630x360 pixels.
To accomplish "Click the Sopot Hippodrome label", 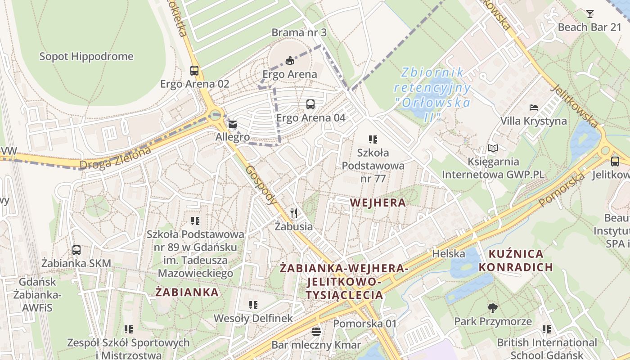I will (86, 57).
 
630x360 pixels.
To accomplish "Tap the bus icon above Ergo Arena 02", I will (194, 71).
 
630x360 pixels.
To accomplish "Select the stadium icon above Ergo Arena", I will (289, 60).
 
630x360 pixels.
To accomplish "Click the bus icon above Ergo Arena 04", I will (310, 104).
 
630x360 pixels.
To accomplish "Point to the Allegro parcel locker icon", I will (233, 124).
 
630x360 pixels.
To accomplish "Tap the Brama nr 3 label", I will (299, 32).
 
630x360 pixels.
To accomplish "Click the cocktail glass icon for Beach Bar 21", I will (589, 14).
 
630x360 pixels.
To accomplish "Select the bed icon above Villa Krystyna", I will (534, 108).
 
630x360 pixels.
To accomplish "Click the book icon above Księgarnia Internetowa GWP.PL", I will (493, 148).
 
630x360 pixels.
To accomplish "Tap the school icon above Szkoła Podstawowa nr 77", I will (373, 139).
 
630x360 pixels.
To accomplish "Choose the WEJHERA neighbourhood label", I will (378, 202).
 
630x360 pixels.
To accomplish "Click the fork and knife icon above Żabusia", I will (294, 213).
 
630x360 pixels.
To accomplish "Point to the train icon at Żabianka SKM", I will (76, 250).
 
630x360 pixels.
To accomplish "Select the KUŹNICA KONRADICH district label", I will (516, 260).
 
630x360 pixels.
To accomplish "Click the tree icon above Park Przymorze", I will (493, 308).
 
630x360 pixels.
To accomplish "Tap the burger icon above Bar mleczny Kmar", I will (316, 332).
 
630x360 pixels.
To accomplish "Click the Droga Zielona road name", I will (115, 159).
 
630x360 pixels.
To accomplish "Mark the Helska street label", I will (449, 254).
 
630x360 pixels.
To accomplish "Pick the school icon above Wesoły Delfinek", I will (253, 305).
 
